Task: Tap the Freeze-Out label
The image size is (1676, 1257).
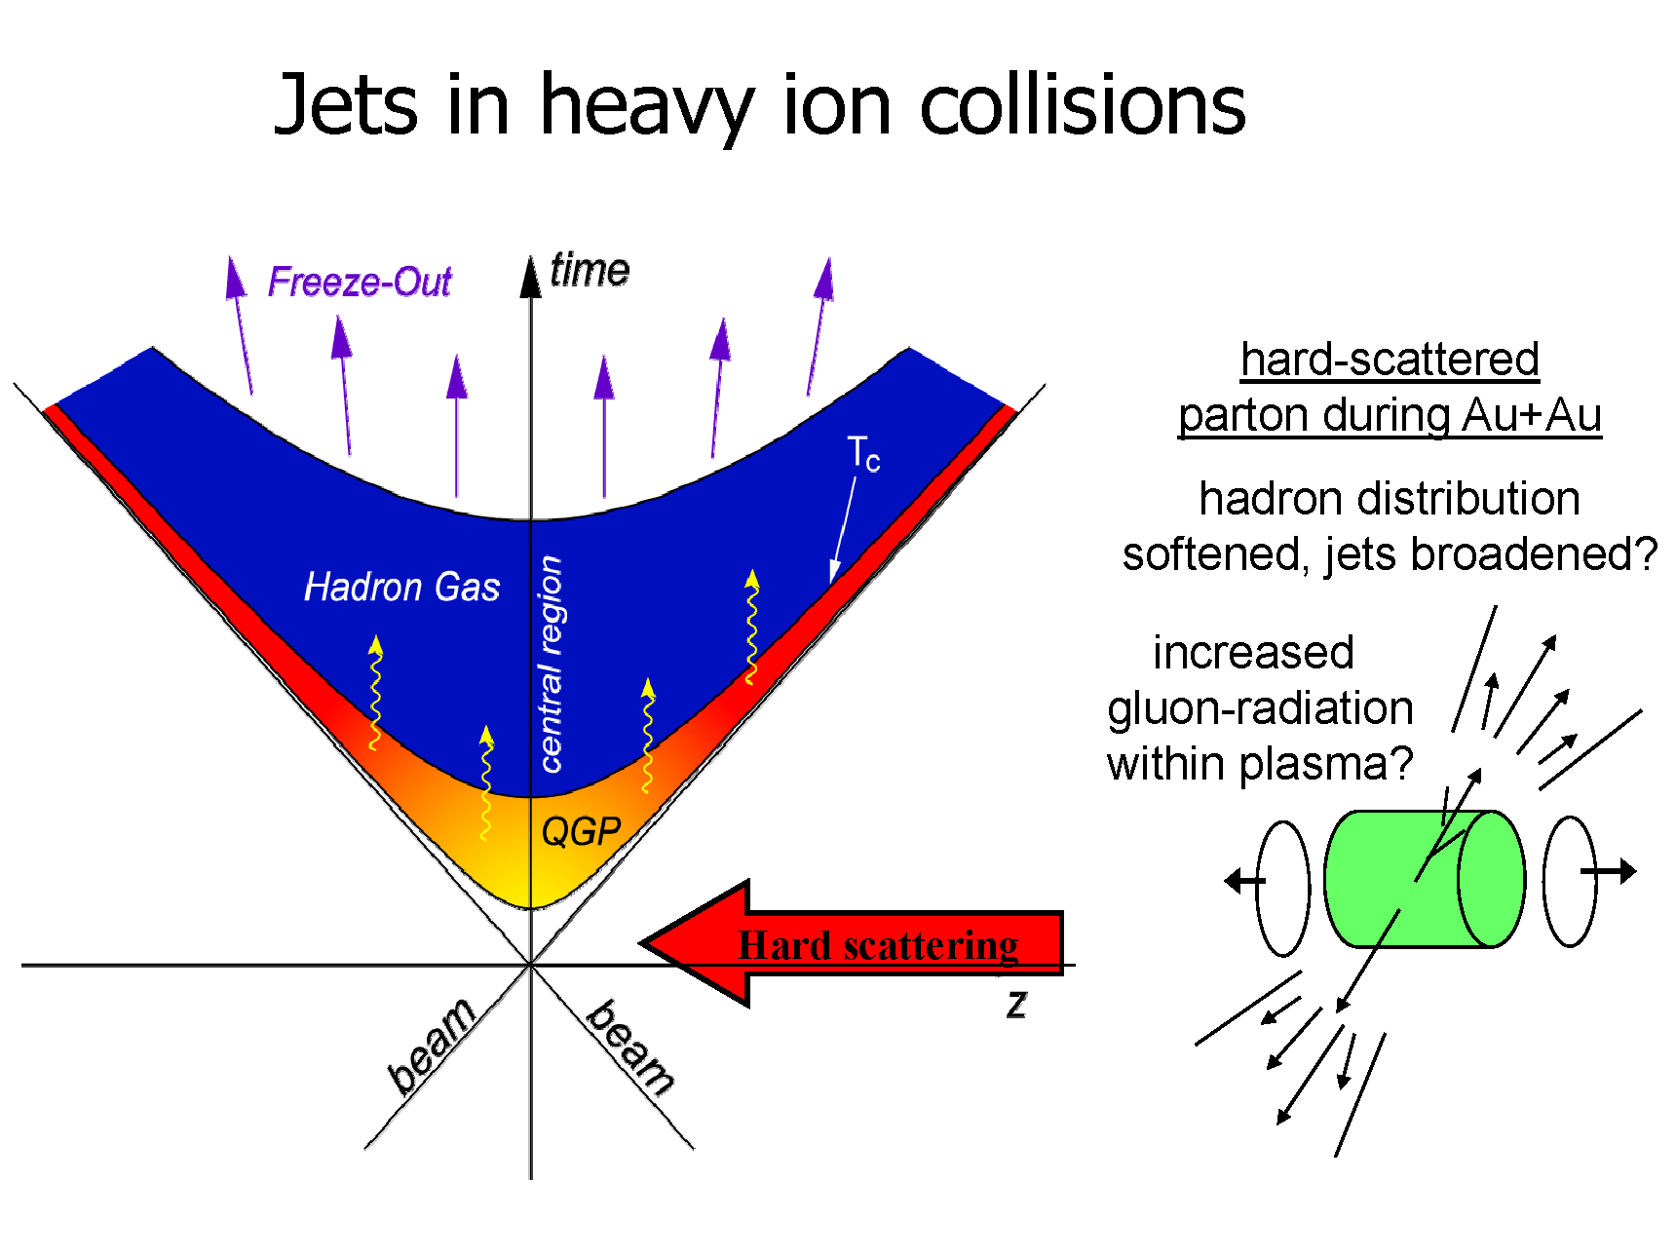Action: pos(360,282)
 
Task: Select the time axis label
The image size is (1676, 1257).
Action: pos(590,270)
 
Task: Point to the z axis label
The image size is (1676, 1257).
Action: pos(1016,1003)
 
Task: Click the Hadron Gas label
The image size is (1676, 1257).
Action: pos(401,587)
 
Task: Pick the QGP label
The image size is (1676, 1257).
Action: pos(581,830)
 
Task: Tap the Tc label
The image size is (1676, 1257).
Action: pos(863,454)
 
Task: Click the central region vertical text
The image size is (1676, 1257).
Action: pos(551,664)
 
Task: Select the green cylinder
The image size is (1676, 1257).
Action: pos(1425,878)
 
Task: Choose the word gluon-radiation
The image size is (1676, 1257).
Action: pos(1260,708)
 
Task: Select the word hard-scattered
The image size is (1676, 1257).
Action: pos(1390,359)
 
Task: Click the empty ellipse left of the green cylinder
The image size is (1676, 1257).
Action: pos(1283,888)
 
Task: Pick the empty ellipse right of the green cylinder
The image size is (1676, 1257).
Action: pos(1570,881)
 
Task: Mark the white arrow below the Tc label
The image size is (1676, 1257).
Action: pos(843,530)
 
